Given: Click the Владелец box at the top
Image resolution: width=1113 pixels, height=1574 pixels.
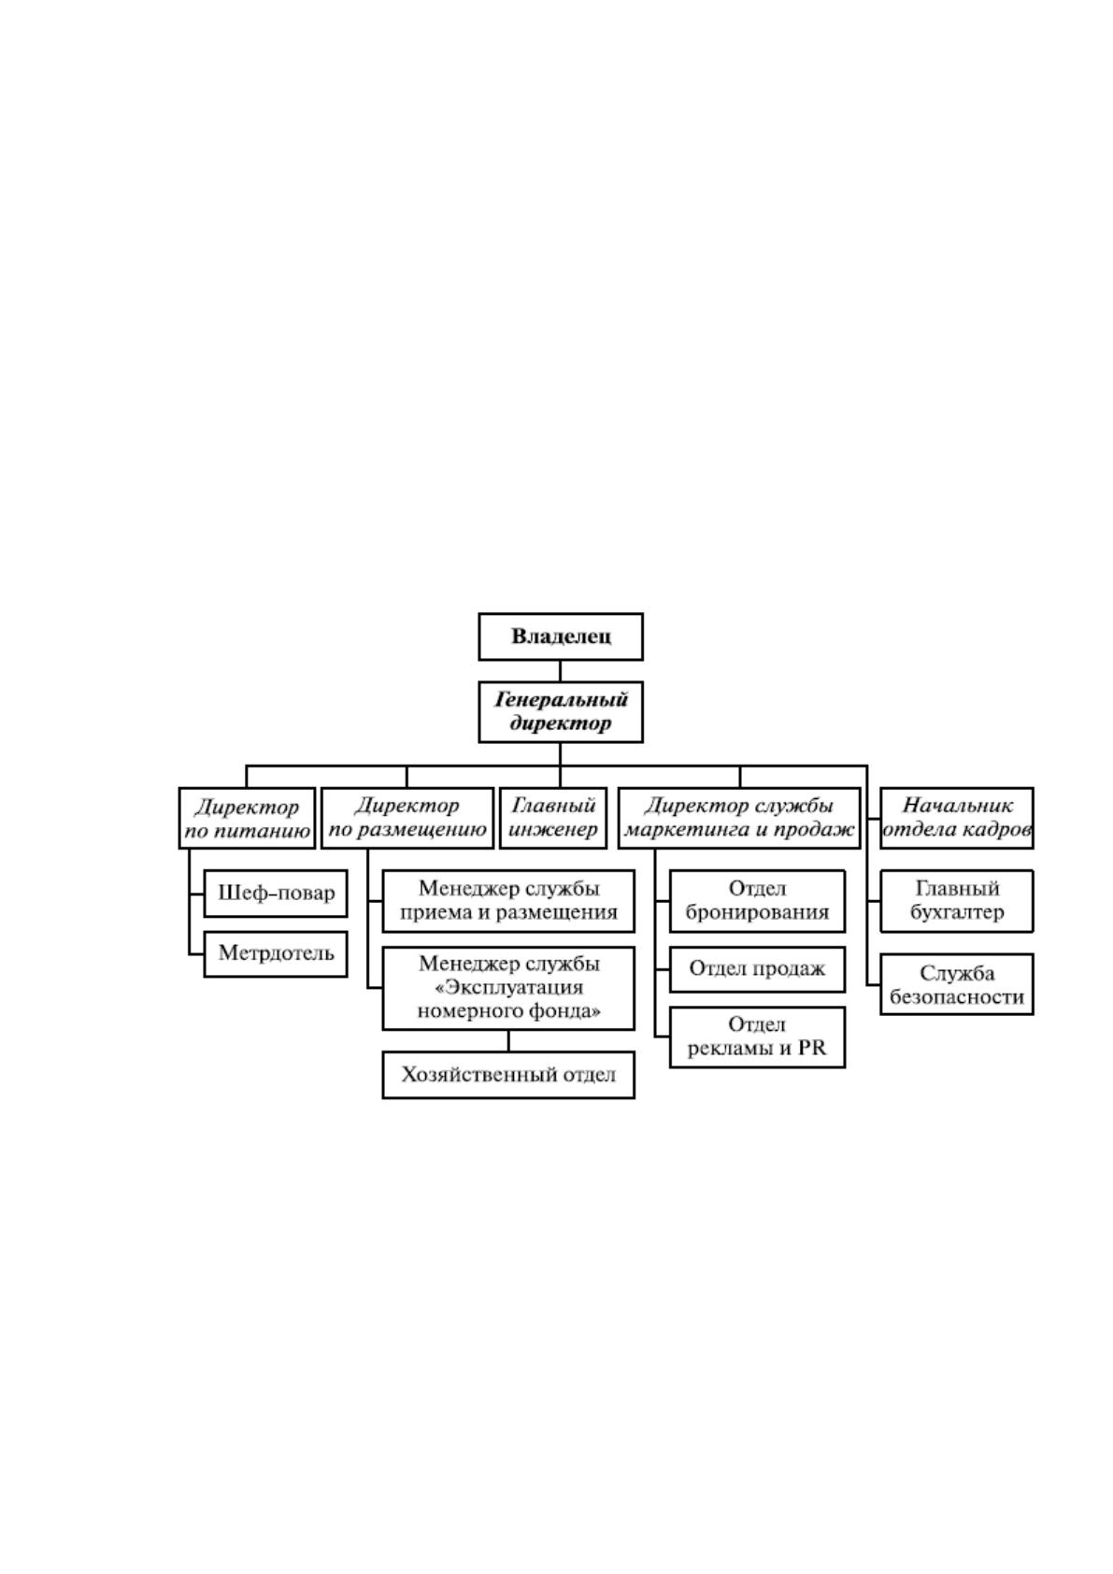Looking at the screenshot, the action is tap(560, 637).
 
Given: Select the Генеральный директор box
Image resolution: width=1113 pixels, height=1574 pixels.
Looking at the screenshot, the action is tap(560, 712).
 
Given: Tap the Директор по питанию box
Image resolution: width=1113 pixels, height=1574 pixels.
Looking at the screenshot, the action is tap(247, 818).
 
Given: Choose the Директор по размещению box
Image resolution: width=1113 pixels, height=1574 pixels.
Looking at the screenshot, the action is tap(407, 818).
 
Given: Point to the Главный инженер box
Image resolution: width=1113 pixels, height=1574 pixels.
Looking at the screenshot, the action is tap(553, 818).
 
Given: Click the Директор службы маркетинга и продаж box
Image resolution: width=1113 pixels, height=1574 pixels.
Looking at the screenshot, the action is tap(739, 818).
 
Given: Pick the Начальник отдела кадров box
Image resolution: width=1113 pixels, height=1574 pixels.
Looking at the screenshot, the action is tap(956, 818).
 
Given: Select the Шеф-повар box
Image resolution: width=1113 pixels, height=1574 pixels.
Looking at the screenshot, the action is tap(276, 894).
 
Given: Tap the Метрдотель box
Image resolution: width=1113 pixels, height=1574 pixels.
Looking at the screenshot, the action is tap(276, 954).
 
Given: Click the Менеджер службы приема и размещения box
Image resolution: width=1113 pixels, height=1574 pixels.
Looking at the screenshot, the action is tap(508, 902).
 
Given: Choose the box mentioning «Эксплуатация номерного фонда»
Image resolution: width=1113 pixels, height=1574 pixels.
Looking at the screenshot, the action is tap(508, 989).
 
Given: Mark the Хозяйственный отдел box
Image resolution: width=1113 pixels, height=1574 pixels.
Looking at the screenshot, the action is tap(508, 1075).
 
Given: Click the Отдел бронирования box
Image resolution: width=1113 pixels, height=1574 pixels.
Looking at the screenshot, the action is tap(757, 902).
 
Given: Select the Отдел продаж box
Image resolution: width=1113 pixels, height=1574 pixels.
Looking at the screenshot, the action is tap(757, 969).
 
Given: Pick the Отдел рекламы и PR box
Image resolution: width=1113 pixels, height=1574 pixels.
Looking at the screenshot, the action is tap(757, 1037).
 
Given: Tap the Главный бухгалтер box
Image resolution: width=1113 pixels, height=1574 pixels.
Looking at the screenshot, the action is tap(956, 902).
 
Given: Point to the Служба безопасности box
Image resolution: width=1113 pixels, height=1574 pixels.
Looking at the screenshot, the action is tap(956, 984).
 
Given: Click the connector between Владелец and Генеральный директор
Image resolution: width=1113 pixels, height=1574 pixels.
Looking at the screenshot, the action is tap(560, 671).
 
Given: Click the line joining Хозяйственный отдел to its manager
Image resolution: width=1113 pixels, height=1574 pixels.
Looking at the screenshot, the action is tap(508, 1040).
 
